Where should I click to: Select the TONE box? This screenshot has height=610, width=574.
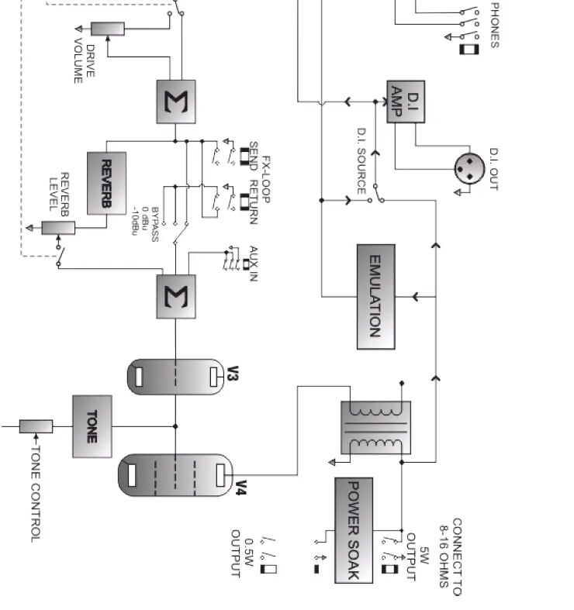pyautogui.click(x=92, y=426)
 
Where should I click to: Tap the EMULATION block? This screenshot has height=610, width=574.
pyautogui.click(x=375, y=296)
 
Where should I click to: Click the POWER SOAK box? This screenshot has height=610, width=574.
pyautogui.click(x=353, y=530)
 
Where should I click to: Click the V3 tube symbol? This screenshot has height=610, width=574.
pyautogui.click(x=175, y=377)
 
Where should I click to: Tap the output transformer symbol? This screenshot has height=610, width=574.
pyautogui.click(x=375, y=427)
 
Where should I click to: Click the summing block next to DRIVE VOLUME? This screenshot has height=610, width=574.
pyautogui.click(x=176, y=102)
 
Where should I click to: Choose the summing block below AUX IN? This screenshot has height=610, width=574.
pyautogui.click(x=176, y=296)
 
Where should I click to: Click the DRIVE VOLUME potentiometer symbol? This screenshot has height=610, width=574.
pyautogui.click(x=108, y=29)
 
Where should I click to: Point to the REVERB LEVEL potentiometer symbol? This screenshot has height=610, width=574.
pyautogui.click(x=58, y=227)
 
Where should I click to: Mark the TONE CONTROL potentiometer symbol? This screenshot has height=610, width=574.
pyautogui.click(x=36, y=426)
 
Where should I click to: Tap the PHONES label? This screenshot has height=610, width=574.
pyautogui.click(x=494, y=25)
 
